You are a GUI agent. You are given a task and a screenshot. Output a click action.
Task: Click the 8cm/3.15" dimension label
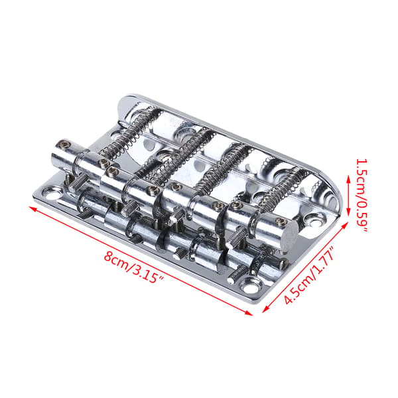point(134,267)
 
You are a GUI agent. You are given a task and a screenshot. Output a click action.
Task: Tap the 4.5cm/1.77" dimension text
point(308,275)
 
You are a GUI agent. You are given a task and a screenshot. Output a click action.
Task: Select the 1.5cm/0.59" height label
point(362,196)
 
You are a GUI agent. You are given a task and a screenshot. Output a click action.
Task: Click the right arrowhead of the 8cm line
point(249,313)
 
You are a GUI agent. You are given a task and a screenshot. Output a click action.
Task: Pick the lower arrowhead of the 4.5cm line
point(265,309)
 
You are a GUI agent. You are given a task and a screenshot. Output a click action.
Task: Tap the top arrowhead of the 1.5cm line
point(348,180)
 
